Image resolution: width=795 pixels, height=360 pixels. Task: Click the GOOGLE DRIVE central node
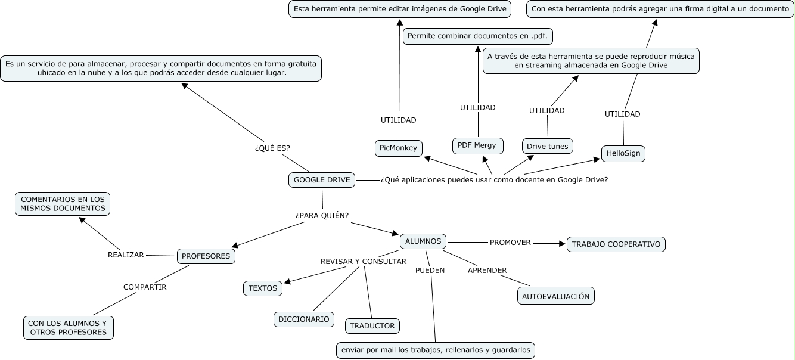[x=322, y=180]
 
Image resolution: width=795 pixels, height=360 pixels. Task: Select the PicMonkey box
[x=398, y=148]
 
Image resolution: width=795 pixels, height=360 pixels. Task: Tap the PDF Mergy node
[x=478, y=145]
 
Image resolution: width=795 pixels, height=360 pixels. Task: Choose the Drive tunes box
[x=547, y=146]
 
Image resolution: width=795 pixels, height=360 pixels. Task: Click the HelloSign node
[x=623, y=153]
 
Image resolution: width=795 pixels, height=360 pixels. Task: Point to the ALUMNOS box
[x=423, y=241]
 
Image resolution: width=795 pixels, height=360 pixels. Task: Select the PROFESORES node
[x=206, y=256]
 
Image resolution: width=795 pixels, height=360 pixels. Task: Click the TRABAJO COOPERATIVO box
[x=616, y=244]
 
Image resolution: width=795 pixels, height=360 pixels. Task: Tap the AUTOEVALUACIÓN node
[x=556, y=296]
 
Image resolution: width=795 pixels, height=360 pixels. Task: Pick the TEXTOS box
[x=263, y=288]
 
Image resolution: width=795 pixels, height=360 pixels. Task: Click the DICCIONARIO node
[x=304, y=319]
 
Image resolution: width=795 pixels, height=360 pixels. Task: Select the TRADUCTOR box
[x=372, y=326]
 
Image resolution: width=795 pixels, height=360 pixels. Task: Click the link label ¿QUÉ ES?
[x=272, y=148]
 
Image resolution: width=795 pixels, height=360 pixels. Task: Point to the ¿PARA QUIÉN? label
[x=322, y=216]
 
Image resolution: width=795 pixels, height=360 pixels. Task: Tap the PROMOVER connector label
[x=510, y=243]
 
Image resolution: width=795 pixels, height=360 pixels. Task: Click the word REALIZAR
[x=126, y=255]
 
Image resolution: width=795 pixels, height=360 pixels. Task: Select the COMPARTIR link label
[x=145, y=287]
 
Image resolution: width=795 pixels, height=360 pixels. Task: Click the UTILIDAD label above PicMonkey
[x=399, y=120]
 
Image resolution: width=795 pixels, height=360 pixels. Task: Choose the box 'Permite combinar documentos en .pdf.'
[x=478, y=36]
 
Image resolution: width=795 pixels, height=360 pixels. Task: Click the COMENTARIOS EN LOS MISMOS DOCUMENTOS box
[x=63, y=204]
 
